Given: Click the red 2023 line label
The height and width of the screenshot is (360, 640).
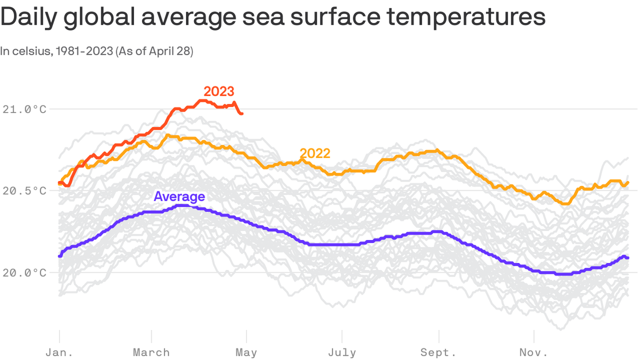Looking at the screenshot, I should (x=219, y=91).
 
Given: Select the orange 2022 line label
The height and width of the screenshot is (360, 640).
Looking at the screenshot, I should (x=315, y=153).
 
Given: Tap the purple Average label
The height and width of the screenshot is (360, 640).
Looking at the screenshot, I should (x=179, y=196).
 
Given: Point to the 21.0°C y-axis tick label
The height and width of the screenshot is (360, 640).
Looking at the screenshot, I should (x=24, y=109).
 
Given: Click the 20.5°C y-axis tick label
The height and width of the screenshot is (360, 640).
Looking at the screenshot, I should (x=24, y=191).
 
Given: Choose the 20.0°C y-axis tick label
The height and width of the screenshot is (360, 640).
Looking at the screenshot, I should (x=24, y=272).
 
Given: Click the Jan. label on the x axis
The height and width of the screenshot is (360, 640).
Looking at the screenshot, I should (x=60, y=352).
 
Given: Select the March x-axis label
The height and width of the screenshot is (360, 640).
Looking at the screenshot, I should (x=151, y=352).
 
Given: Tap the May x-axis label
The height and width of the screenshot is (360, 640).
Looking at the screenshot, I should (x=246, y=352).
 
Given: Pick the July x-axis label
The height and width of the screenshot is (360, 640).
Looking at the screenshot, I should (x=342, y=352).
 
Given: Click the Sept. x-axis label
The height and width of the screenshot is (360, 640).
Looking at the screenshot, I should (x=439, y=352).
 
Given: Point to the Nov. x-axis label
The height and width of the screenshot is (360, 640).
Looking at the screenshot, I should (x=534, y=352).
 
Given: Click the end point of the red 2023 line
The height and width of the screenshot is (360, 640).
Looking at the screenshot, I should (x=241, y=113).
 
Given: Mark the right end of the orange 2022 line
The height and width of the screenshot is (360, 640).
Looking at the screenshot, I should (x=627, y=182).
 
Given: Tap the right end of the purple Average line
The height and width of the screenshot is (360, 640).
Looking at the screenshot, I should (x=627, y=258).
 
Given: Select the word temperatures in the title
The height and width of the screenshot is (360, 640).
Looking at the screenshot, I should (x=466, y=17).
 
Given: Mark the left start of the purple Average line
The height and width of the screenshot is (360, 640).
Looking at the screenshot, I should (x=60, y=256).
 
